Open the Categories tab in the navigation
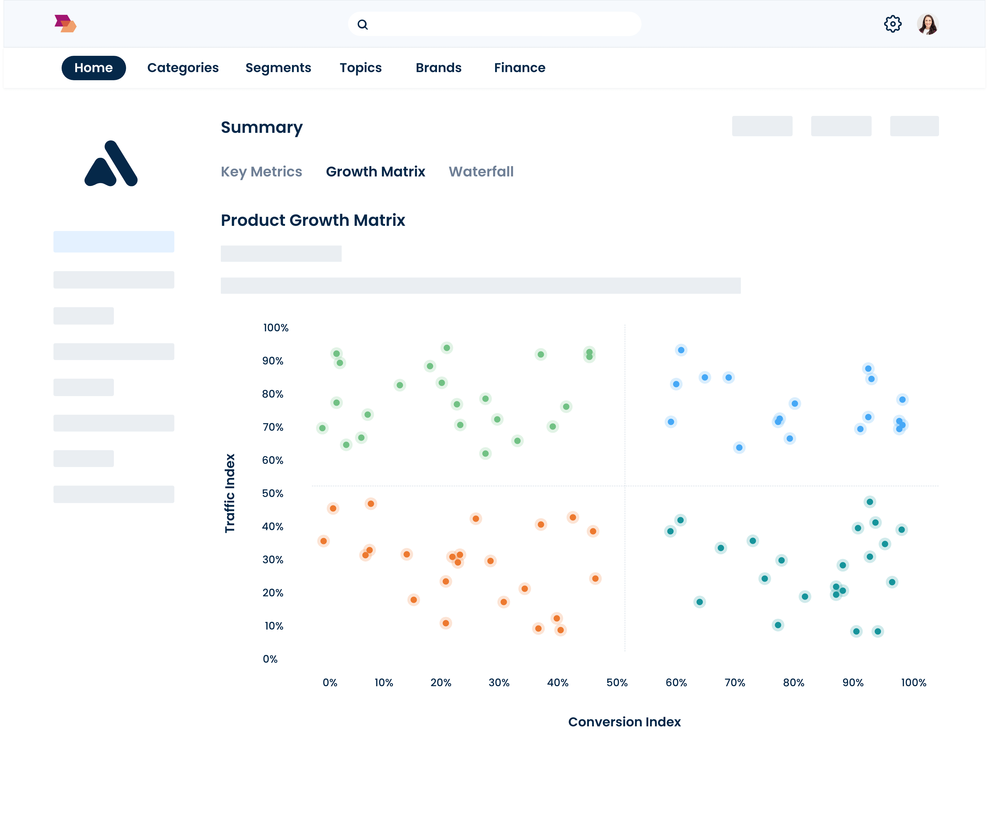[183, 68]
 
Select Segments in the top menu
[278, 68]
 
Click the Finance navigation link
[519, 68]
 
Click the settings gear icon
[892, 24]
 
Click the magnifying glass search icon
[363, 24]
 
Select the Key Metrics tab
[261, 172]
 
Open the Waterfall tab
[481, 172]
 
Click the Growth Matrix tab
[375, 172]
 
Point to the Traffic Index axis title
[230, 493]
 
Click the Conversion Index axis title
[624, 722]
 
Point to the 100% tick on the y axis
[275, 328]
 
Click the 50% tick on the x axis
[617, 683]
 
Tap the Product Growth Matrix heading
[313, 220]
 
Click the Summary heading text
[262, 127]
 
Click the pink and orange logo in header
[65, 24]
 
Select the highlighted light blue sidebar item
[114, 242]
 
